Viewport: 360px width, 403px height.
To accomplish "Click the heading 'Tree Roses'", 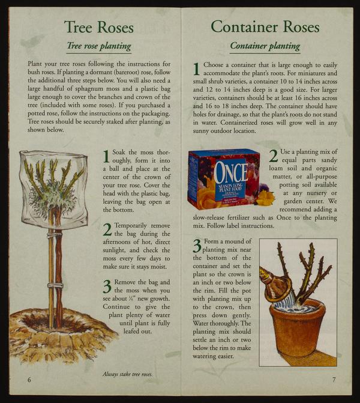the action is point(99,27).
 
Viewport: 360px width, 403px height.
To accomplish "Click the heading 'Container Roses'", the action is point(265,27).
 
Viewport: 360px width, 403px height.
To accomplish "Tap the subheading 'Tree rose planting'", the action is point(99,46).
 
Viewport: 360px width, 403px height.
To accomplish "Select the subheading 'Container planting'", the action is point(265,46).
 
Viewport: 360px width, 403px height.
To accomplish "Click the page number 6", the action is point(29,380).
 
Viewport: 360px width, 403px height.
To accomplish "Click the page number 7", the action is point(334,380).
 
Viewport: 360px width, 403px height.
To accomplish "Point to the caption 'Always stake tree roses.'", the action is point(127,374).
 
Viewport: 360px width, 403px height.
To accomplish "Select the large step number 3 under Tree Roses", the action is point(107,286).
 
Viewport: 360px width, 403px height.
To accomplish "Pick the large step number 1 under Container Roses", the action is point(196,69).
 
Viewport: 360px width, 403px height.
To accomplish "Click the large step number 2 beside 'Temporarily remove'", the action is point(107,229).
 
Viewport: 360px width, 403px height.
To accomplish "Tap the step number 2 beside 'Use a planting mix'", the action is point(274,156).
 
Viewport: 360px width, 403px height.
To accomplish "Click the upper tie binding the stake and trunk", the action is point(55,234).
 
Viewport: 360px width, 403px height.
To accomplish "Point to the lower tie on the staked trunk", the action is point(55,285).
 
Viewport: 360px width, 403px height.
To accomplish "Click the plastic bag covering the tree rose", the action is point(53,189).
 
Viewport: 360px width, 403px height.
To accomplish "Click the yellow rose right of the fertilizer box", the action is point(265,198).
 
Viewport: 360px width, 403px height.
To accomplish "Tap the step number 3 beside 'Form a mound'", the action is point(197,246).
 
